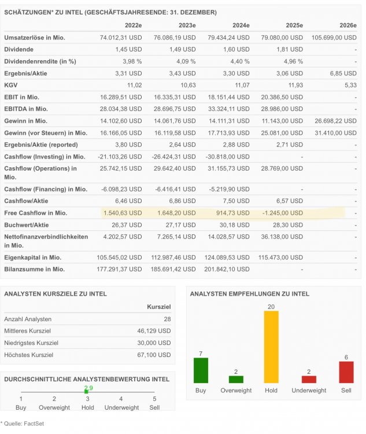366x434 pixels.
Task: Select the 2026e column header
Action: tap(348, 25)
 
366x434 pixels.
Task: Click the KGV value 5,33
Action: tap(349, 85)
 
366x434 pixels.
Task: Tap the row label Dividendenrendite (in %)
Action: tap(40, 61)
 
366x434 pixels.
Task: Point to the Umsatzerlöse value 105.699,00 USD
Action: tap(330, 38)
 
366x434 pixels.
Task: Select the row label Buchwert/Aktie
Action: tap(27, 225)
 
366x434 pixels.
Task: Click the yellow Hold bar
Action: tap(271, 347)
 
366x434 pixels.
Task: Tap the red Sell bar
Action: tap(346, 372)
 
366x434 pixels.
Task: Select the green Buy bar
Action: tap(200, 370)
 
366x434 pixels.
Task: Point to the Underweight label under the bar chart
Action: tap(309, 391)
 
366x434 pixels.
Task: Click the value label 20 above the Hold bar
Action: tap(271, 306)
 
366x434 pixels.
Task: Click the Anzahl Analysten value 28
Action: tap(167, 319)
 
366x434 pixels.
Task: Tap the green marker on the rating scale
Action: tap(86, 392)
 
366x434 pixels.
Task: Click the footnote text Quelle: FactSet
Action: tap(24, 424)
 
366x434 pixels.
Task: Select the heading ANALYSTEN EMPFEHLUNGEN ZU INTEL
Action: tap(250, 294)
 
